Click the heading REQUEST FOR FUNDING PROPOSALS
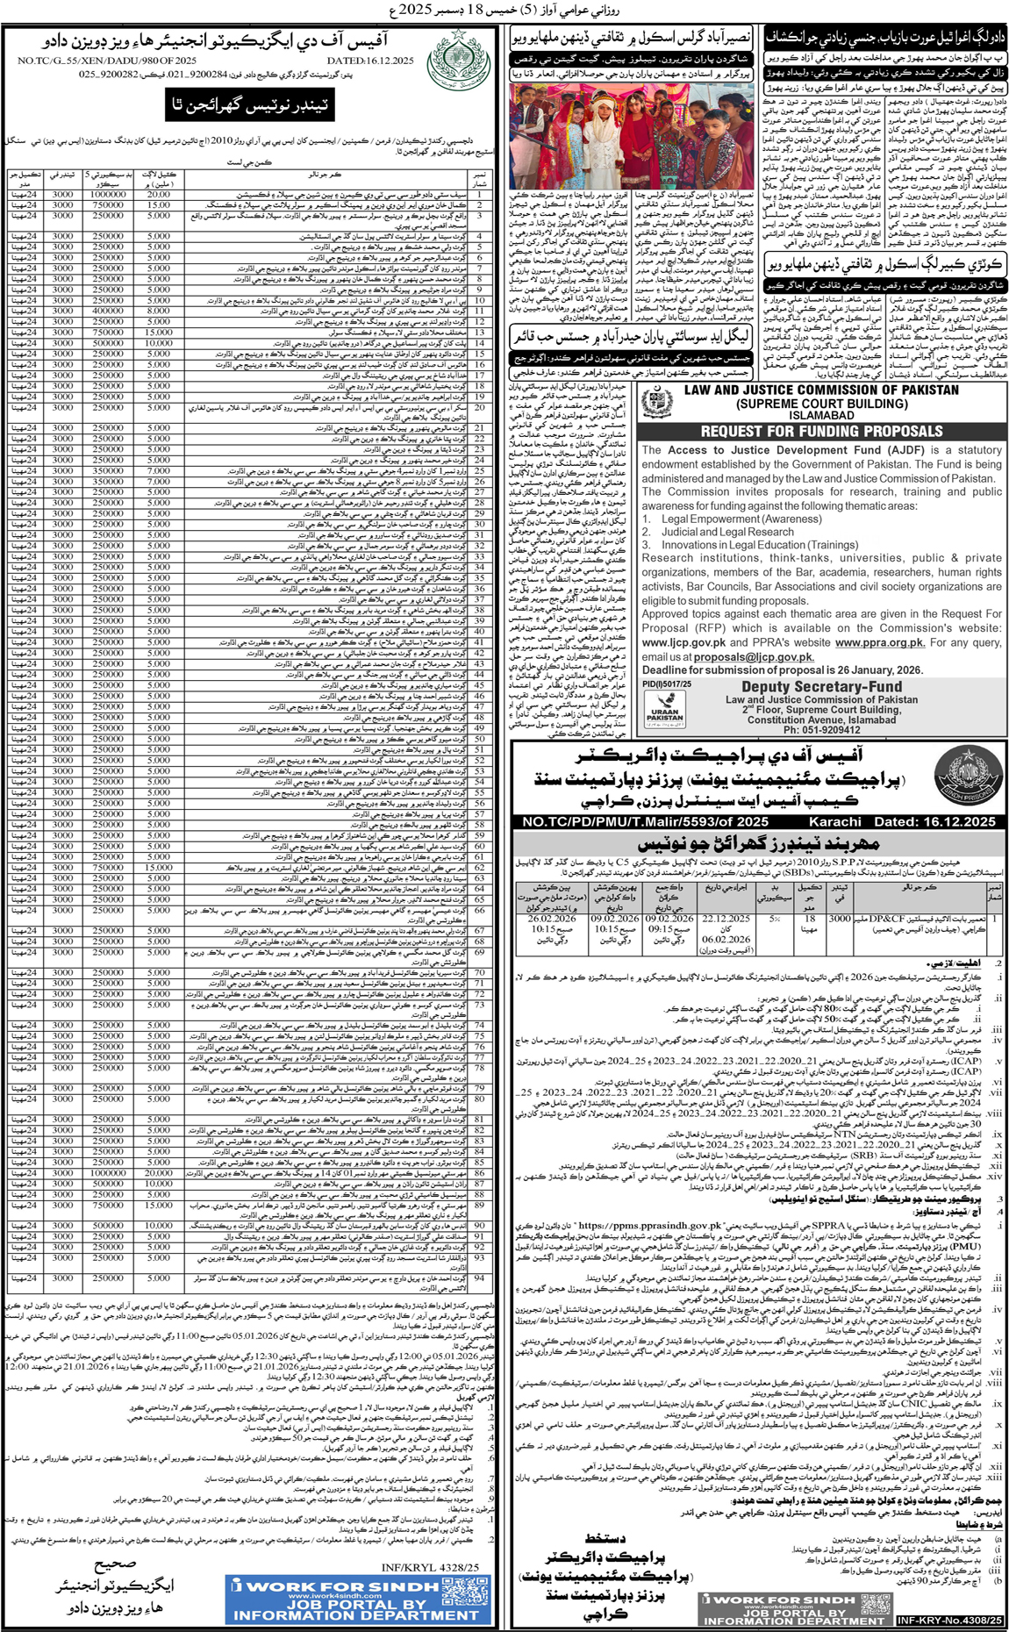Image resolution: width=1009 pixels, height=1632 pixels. [x=821, y=431]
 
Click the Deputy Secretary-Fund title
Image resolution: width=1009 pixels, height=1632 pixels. [x=821, y=687]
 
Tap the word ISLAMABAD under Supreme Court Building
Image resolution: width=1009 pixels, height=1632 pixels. [x=821, y=416]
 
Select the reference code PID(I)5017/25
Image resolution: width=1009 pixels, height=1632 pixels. [x=667, y=684]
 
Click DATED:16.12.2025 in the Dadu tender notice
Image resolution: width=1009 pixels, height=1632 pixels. [x=370, y=61]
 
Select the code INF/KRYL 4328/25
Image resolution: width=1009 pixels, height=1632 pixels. [x=430, y=1567]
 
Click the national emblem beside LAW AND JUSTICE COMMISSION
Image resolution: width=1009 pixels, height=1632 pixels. [x=658, y=404]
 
